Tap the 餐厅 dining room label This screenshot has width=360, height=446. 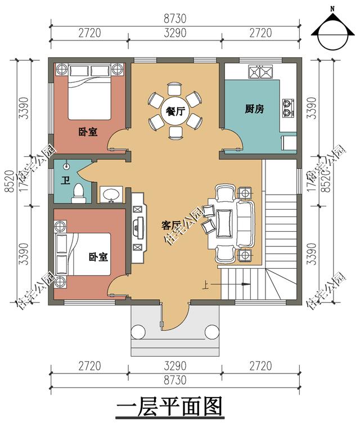pyautogui.click(x=175, y=111)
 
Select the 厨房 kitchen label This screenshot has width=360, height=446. pyautogui.click(x=254, y=109)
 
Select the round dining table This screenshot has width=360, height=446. pyautogui.click(x=175, y=111)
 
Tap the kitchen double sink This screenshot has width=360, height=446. pyautogui.click(x=260, y=71)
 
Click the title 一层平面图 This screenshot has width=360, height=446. pyautogui.click(x=169, y=407)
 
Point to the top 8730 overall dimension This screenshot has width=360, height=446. pyautogui.click(x=175, y=19)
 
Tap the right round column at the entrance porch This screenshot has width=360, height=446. pyautogui.click(x=211, y=332)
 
